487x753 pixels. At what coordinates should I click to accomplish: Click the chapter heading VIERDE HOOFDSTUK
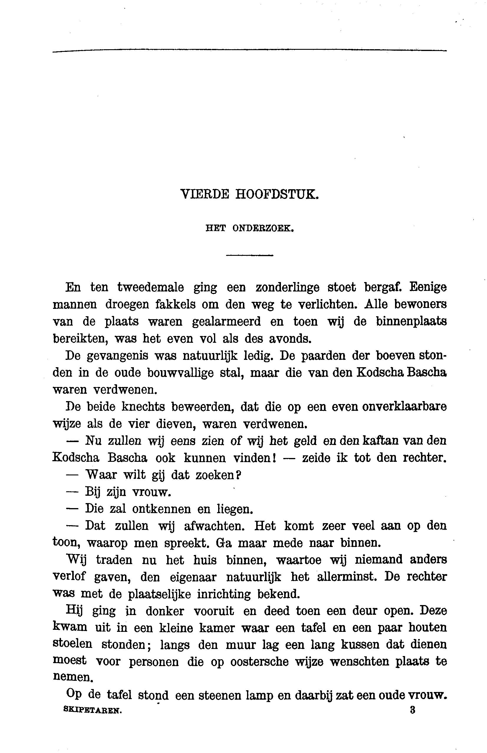249,194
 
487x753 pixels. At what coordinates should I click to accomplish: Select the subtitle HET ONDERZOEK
250,228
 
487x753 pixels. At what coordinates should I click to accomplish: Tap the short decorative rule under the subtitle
249,255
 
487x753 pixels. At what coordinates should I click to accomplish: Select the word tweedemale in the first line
151,287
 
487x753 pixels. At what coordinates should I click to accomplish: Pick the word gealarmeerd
226,322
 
